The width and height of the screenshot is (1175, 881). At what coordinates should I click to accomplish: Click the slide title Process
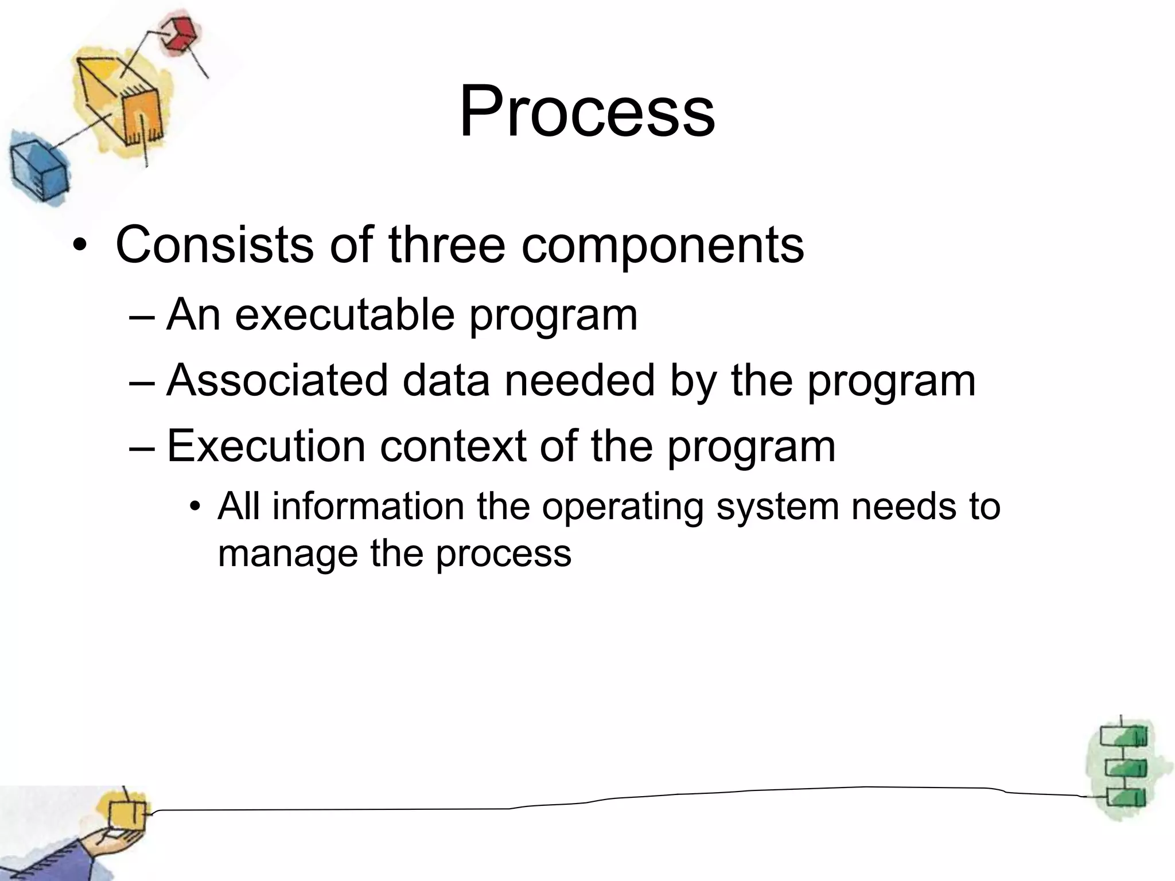[x=587, y=111]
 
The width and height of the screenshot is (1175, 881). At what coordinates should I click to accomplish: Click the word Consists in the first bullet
[x=213, y=245]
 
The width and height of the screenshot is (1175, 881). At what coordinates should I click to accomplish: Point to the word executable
[x=344, y=315]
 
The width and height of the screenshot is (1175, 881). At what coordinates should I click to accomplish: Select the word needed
[x=579, y=380]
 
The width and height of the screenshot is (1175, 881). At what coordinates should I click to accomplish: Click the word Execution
[x=266, y=446]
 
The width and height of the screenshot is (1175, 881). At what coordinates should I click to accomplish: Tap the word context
[x=453, y=446]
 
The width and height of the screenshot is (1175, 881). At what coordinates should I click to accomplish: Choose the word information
[x=368, y=506]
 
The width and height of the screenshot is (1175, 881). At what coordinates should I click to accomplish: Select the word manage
[x=287, y=555]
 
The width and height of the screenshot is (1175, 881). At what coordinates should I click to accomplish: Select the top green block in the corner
[x=1123, y=736]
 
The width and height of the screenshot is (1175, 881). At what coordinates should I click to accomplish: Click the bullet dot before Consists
[x=80, y=247]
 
